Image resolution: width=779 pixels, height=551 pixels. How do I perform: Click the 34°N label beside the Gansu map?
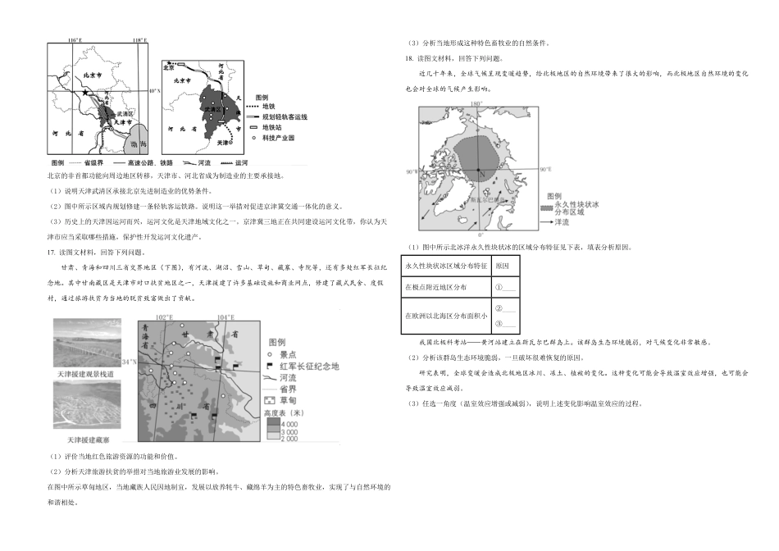click(x=128, y=361)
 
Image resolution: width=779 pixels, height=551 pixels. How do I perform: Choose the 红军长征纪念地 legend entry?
click(x=307, y=367)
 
